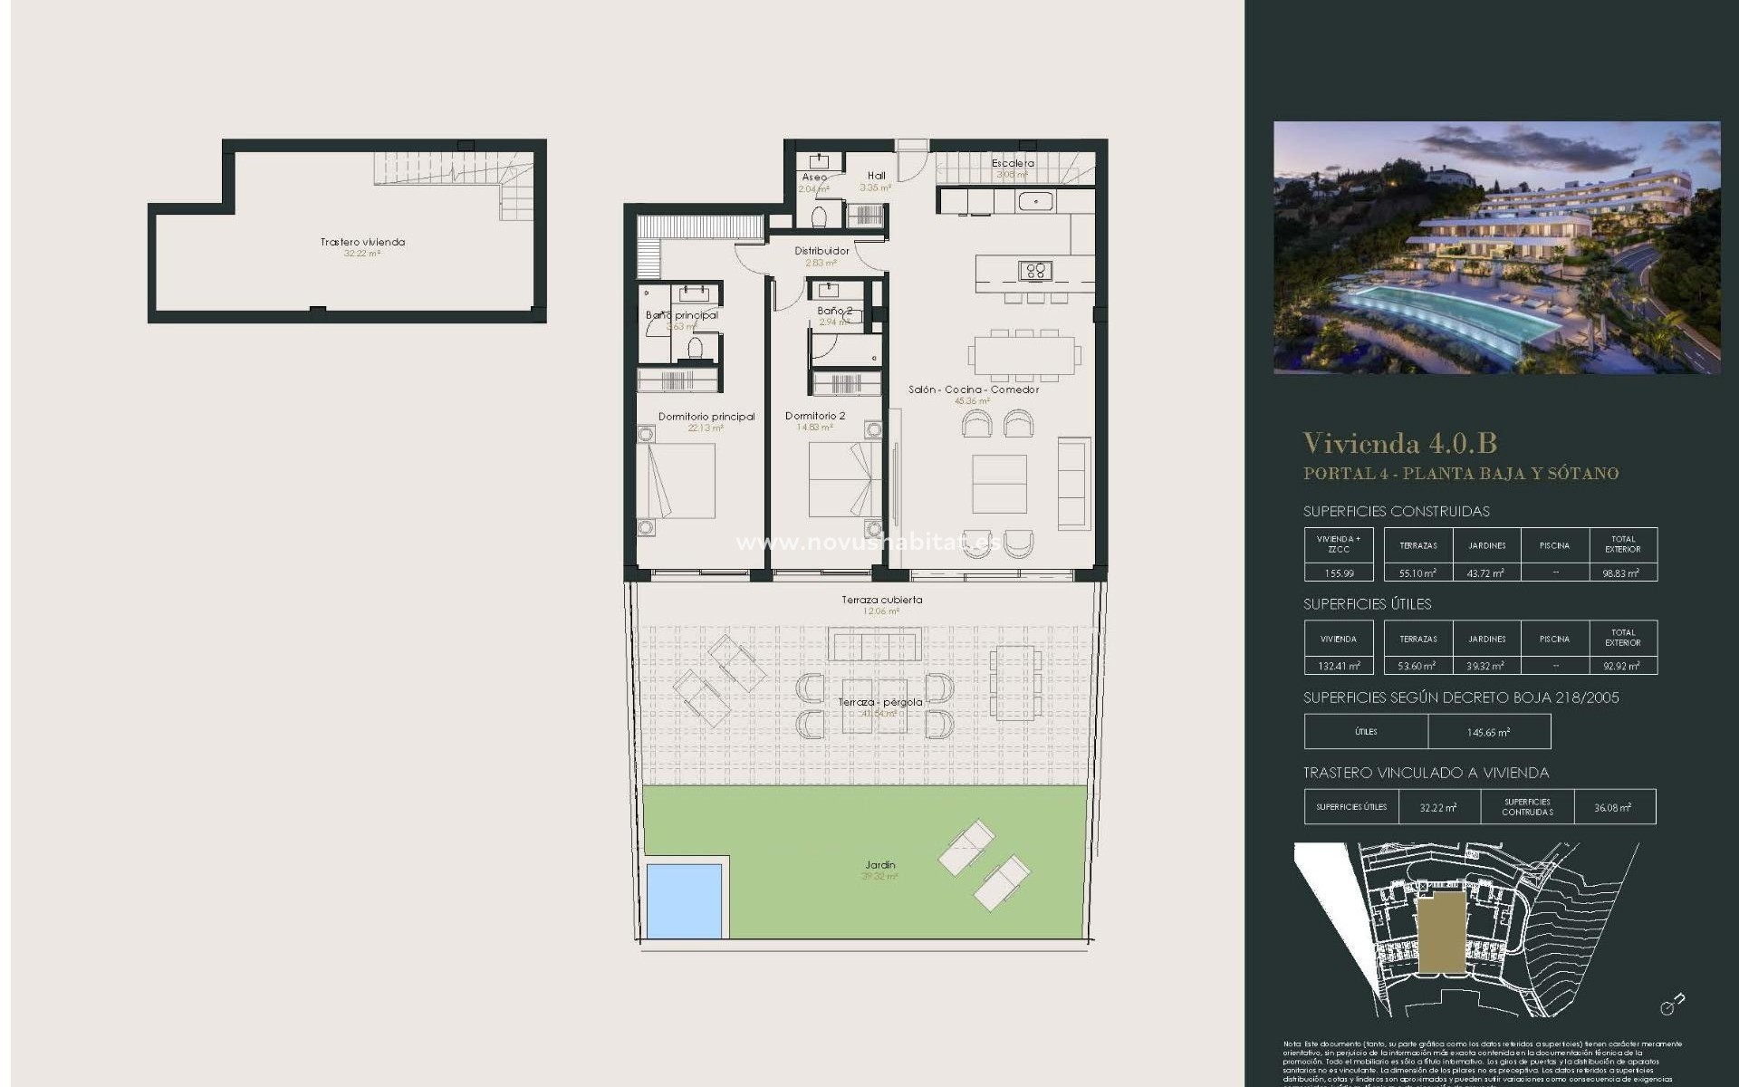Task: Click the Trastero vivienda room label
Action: (x=362, y=242)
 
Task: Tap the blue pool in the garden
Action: (x=684, y=900)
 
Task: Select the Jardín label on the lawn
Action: (x=879, y=865)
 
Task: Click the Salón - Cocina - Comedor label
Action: (x=974, y=390)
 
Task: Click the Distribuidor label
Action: (x=821, y=251)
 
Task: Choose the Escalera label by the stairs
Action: (x=1012, y=164)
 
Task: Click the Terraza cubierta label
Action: (x=881, y=600)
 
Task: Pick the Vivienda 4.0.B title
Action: (x=1399, y=443)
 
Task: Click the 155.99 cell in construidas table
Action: (x=1338, y=572)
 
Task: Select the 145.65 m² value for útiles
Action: (x=1488, y=732)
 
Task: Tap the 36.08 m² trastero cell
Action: (x=1612, y=807)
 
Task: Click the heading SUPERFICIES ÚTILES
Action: (x=1367, y=604)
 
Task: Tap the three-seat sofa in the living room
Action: (x=1074, y=482)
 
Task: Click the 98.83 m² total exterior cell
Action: (x=1622, y=572)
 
